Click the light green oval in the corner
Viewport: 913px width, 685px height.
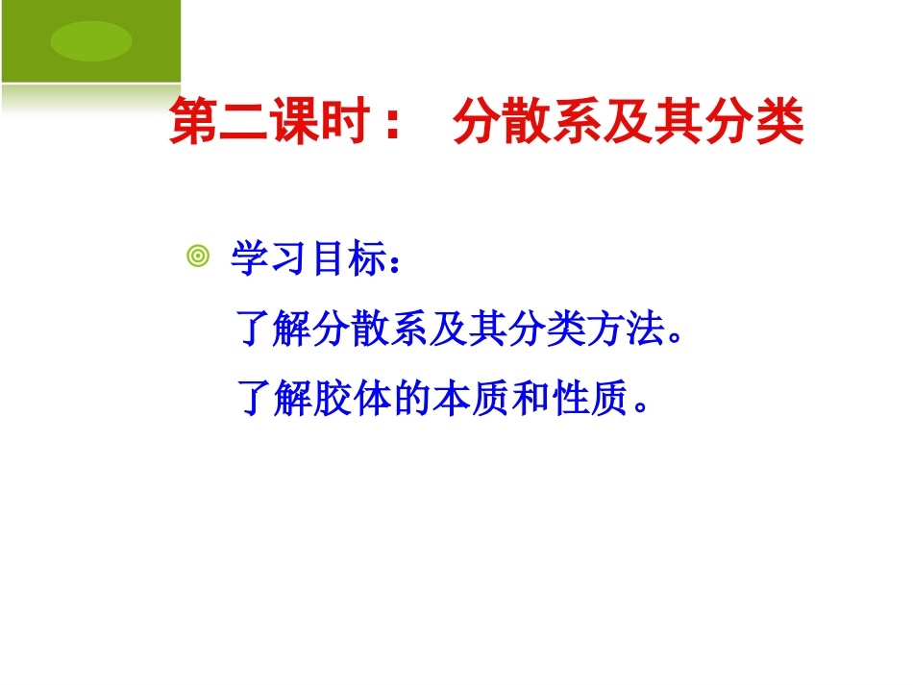91,40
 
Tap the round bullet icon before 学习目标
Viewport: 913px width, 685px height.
198,257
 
